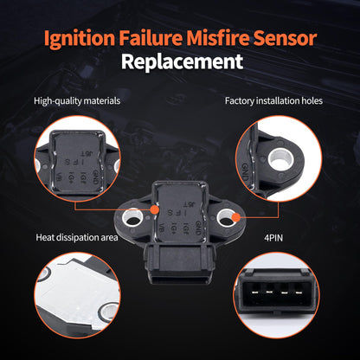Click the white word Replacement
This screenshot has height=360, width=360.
point(179,63)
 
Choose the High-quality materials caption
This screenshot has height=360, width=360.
point(76,101)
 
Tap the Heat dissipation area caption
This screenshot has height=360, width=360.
point(77,236)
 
